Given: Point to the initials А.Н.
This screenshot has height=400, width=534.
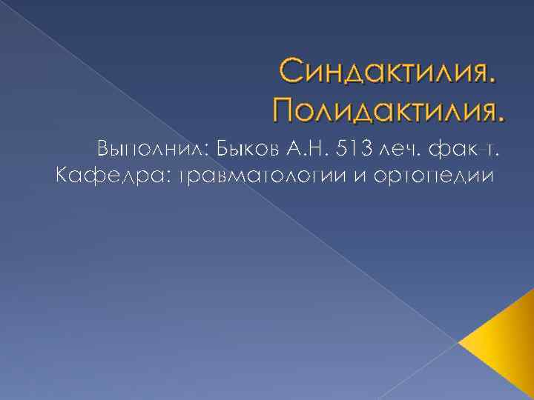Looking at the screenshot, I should coord(303,150).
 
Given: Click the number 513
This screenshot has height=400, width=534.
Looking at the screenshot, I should coord(353,150).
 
